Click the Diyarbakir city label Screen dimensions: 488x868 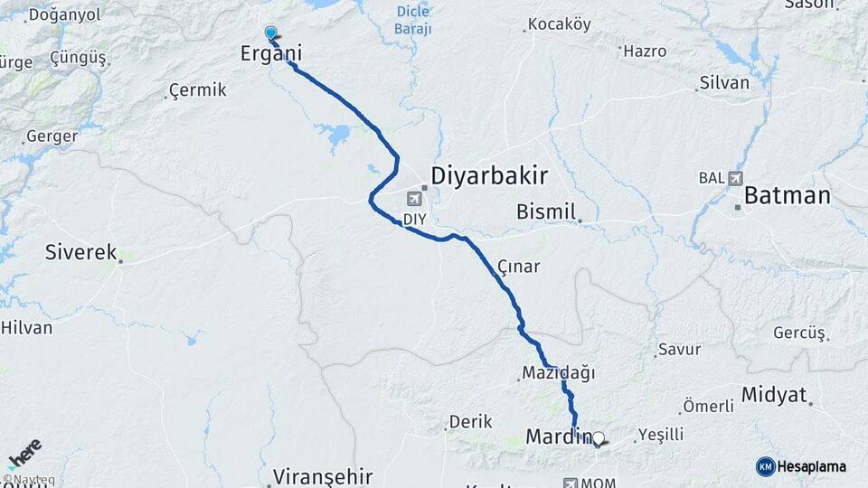[x=488, y=175]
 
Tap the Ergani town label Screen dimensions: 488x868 [x=269, y=54]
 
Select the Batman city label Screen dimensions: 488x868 [x=787, y=196]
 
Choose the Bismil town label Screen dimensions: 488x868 [x=545, y=212]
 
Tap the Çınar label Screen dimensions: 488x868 [x=519, y=267]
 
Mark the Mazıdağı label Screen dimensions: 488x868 [x=558, y=372]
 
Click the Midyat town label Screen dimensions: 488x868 [x=772, y=394]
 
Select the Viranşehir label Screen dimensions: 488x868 [x=323, y=475]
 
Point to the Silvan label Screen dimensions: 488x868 [x=724, y=82]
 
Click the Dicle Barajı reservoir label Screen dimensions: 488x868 [x=413, y=20]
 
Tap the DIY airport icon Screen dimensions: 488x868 [x=415, y=200]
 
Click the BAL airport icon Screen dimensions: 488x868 [x=733, y=178]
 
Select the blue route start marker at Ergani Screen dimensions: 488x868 [x=270, y=33]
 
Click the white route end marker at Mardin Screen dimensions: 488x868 [x=597, y=439]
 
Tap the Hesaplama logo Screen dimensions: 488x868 [x=801, y=466]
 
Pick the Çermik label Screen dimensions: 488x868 [x=196, y=91]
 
